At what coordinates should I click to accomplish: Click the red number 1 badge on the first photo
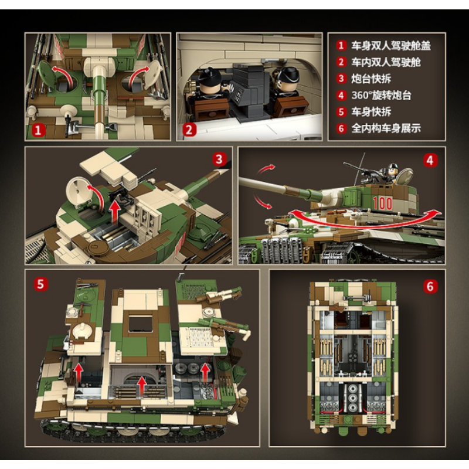(x=38, y=130)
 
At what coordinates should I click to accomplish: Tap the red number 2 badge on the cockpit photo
(x=189, y=130)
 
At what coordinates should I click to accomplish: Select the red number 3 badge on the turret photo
(x=219, y=159)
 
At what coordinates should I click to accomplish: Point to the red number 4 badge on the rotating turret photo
(x=430, y=160)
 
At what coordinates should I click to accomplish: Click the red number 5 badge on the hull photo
(x=40, y=284)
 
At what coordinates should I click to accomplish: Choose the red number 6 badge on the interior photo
(x=430, y=286)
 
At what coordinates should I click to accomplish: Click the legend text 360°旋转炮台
(x=382, y=96)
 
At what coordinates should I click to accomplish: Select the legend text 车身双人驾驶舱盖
(x=391, y=46)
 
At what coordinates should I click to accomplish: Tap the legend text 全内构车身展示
(x=386, y=128)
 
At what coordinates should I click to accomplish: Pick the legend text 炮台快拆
(x=371, y=79)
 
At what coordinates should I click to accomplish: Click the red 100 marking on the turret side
(x=383, y=203)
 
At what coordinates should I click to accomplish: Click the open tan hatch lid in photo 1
(x=154, y=74)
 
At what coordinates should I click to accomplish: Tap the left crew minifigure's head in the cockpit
(x=210, y=81)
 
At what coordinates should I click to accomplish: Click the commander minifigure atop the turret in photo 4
(x=392, y=174)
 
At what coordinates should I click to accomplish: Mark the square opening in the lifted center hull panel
(x=141, y=321)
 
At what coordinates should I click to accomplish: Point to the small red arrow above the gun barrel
(x=266, y=169)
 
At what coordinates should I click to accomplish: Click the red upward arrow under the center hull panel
(x=142, y=386)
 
